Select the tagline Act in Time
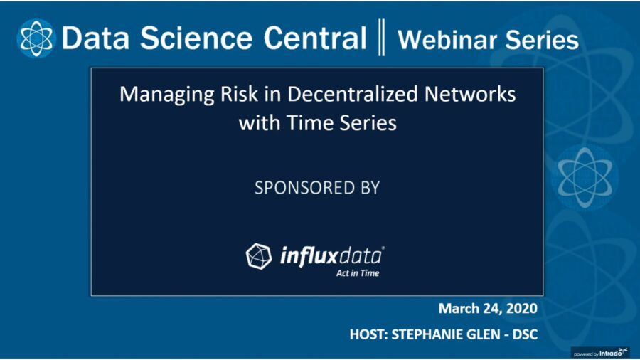tap(358, 272)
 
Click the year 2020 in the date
tap(521, 309)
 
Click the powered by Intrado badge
tap(601, 351)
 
